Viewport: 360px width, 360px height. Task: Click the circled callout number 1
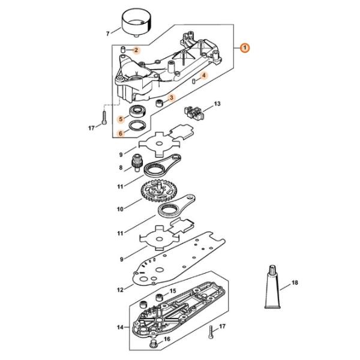(x=245, y=48)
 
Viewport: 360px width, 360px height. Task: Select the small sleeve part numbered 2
(x=123, y=49)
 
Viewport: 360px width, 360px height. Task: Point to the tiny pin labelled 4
(x=194, y=81)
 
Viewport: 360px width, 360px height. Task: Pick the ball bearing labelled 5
(x=137, y=112)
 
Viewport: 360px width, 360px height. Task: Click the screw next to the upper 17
(x=104, y=118)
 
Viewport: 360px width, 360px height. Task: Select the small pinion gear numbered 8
(x=137, y=163)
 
